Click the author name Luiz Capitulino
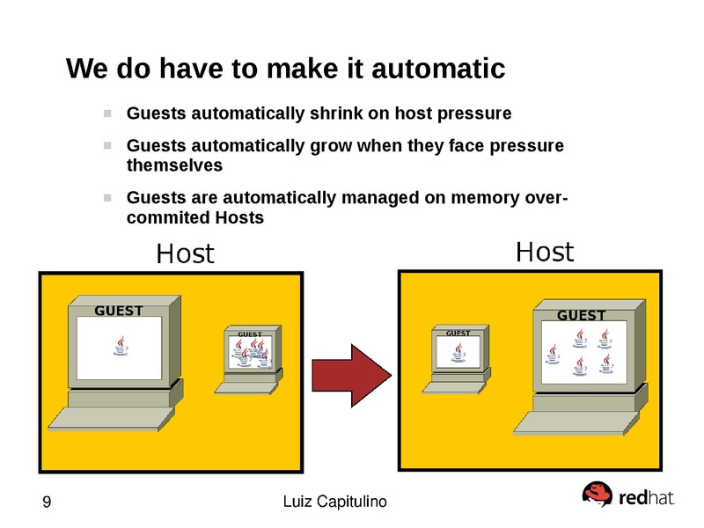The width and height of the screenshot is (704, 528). click(335, 502)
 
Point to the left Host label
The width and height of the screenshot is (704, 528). click(185, 254)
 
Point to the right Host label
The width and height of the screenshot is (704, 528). click(544, 253)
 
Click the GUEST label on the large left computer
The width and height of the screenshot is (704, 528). click(118, 311)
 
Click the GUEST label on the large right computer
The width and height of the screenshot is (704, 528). click(581, 315)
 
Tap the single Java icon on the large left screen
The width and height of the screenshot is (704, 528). click(121, 346)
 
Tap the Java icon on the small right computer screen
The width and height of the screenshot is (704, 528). click(457, 352)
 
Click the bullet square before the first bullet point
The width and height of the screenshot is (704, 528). click(107, 114)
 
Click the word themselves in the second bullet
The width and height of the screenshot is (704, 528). click(174, 165)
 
